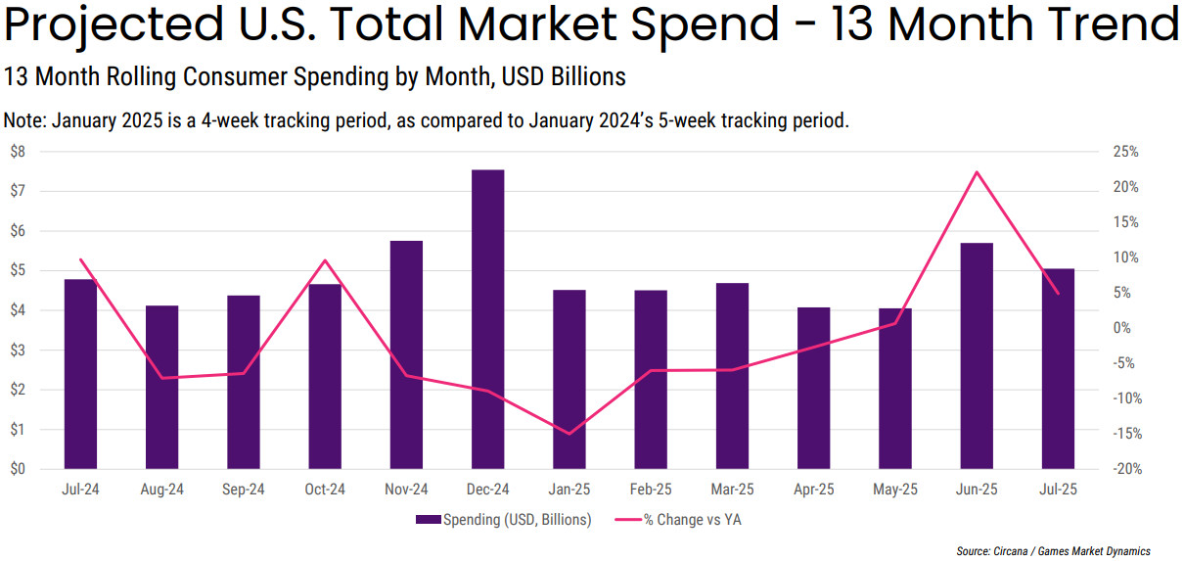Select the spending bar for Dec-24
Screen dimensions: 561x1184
487,319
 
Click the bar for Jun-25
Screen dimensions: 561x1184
977,355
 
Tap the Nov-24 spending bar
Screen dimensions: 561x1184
406,354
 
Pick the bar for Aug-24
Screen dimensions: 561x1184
162,387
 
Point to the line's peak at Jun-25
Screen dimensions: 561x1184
977,172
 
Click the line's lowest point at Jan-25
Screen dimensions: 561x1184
569,434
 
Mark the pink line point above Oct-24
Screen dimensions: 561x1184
325,260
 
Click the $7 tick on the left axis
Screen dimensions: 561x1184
18,191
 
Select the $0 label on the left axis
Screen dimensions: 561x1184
18,469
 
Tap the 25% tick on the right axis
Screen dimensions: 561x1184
1126,152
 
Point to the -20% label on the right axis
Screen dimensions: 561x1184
1126,469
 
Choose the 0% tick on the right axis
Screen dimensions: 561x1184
1126,328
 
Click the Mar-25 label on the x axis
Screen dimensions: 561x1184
732,490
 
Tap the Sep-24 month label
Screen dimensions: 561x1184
244,490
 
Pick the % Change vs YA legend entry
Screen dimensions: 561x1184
692,520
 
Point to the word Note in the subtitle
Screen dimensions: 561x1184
23,121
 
